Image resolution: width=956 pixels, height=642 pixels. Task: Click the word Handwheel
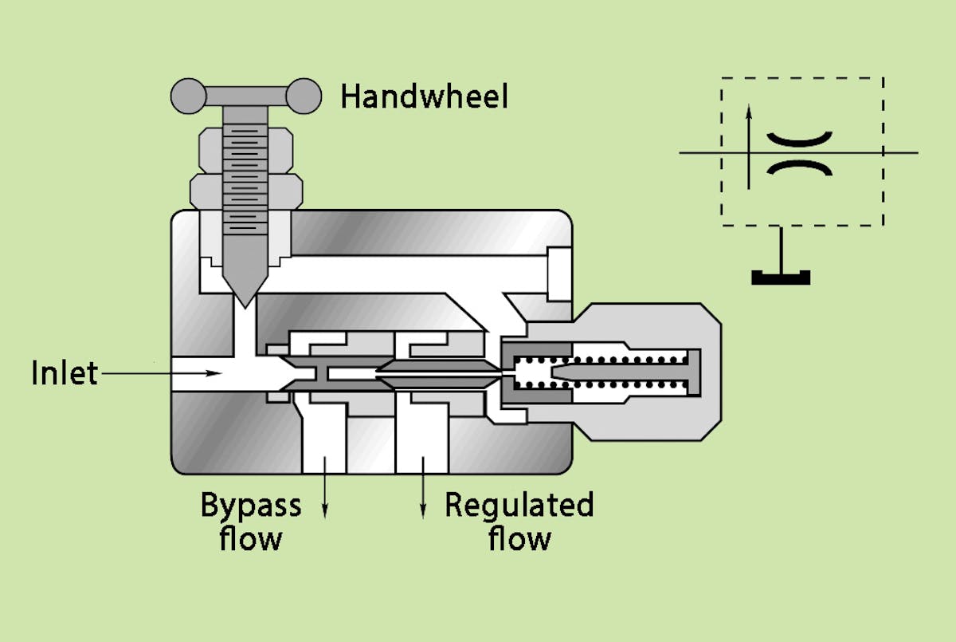[x=424, y=96]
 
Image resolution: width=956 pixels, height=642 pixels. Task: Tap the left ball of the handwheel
[x=188, y=96]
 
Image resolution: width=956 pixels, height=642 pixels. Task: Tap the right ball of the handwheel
[x=304, y=96]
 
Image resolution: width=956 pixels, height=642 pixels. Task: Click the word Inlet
[x=65, y=372]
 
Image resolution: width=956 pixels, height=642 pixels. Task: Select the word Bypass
[x=251, y=506]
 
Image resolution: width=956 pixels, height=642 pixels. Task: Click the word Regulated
[x=519, y=506]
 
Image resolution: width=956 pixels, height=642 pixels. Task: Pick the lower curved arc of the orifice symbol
[x=799, y=166]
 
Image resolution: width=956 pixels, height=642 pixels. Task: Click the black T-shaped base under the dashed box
[x=781, y=276]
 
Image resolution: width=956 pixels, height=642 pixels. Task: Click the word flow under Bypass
[x=251, y=538]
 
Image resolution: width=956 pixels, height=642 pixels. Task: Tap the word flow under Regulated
[x=519, y=538]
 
